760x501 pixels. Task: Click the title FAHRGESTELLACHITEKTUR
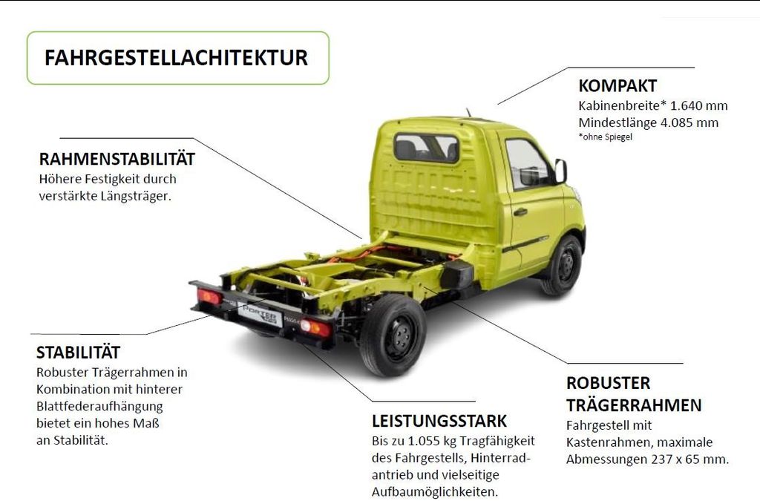point(176,58)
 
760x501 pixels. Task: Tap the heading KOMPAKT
point(617,86)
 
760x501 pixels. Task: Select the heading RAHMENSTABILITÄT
point(117,159)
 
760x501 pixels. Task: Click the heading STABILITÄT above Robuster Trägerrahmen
point(78,353)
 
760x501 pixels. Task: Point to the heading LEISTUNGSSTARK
point(439,421)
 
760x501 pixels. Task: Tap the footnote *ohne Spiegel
point(606,137)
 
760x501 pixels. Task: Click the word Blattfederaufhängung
point(99,407)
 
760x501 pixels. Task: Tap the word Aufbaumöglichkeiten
point(435,492)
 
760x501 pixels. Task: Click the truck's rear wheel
point(393,335)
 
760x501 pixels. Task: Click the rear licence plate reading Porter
point(261,313)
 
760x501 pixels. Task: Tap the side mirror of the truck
point(561,171)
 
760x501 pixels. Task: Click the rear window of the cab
point(427,148)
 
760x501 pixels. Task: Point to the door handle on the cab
point(520,212)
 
